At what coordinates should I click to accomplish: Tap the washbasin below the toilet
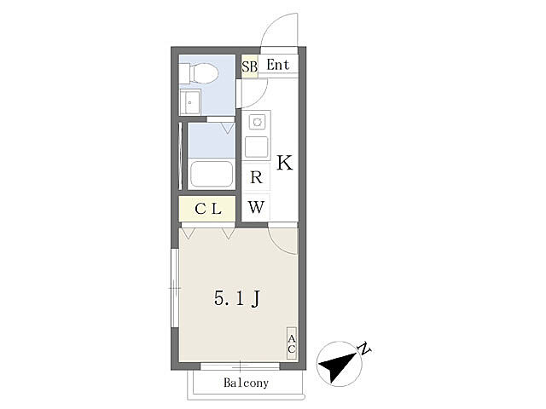189,101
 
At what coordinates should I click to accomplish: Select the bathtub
212,174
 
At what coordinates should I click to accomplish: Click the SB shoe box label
250,66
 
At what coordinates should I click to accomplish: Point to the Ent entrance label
278,65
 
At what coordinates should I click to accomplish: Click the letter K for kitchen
284,163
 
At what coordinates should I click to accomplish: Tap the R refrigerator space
256,177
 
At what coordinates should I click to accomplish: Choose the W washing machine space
256,207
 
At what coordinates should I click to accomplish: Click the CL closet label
208,209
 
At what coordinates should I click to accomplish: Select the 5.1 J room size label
237,298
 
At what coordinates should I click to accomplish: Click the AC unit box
292,343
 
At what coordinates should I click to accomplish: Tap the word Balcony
247,383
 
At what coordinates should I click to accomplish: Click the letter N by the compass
364,349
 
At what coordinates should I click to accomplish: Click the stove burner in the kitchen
258,122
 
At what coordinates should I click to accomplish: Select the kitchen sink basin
256,147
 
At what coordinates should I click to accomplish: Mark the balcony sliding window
241,366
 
